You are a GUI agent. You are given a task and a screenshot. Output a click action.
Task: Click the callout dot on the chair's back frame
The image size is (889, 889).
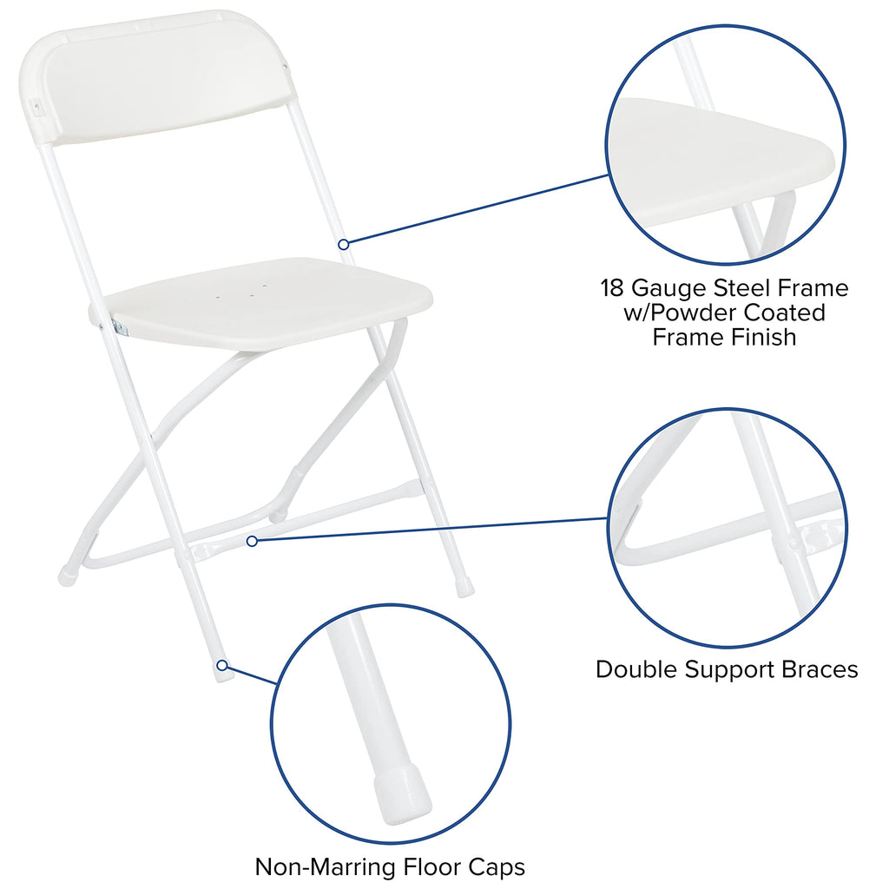344,244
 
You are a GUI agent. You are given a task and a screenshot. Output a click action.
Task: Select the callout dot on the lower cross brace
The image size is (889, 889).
252,541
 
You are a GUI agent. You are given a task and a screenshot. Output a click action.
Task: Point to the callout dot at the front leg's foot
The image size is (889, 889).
222,666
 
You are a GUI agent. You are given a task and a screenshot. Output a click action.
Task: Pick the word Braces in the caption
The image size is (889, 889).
815,669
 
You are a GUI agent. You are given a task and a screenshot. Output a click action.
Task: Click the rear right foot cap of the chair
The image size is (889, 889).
465,588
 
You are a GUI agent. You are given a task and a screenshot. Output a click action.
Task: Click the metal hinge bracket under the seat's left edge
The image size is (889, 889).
118,327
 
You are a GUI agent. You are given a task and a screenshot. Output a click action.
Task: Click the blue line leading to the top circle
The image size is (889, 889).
477,209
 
